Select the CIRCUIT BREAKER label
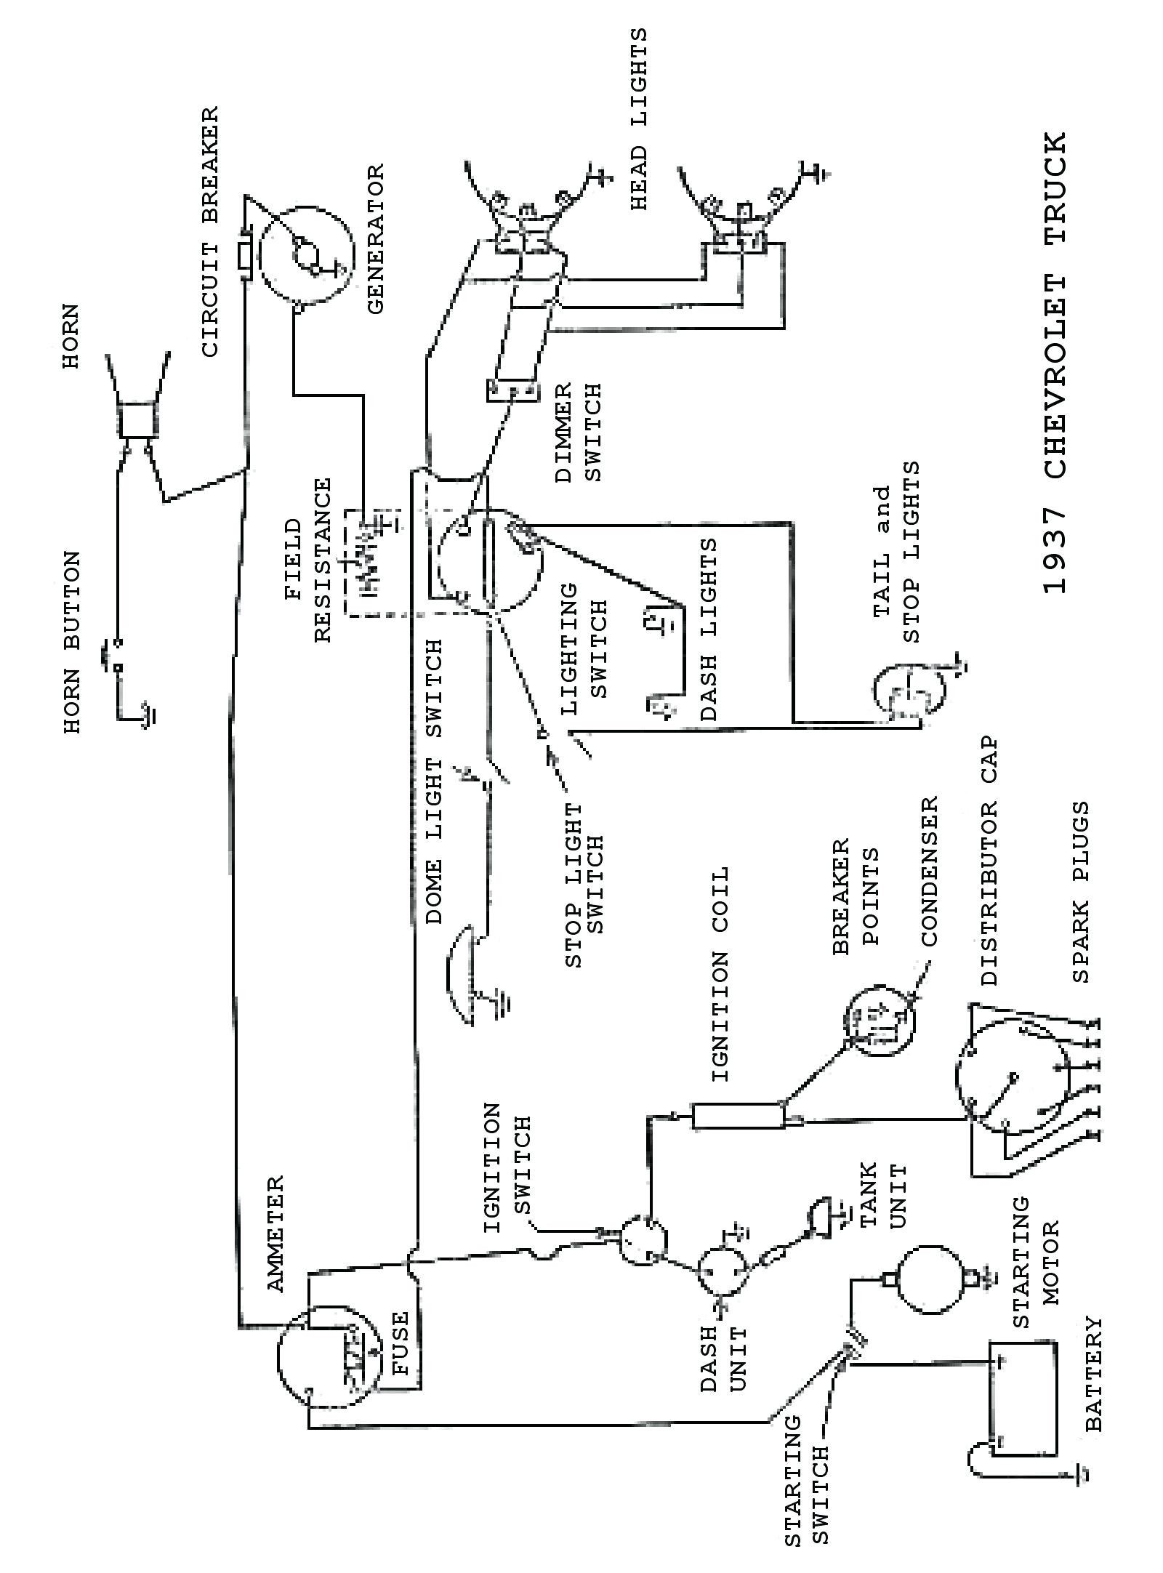209,233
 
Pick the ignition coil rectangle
739,1116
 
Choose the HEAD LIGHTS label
637,121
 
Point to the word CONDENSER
930,872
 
